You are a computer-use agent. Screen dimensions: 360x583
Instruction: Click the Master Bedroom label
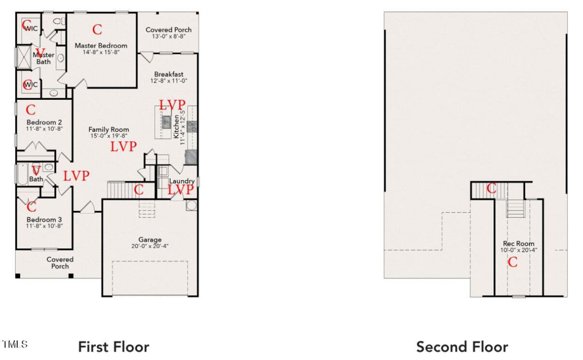pos(101,46)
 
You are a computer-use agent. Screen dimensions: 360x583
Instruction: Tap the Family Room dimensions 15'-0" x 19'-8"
pos(108,136)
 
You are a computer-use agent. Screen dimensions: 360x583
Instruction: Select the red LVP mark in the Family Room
pos(123,146)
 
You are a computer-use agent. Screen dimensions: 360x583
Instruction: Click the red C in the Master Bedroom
pos(97,30)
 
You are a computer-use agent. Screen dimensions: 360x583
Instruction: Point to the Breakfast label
pos(169,74)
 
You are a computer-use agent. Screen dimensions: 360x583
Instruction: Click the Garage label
pos(150,240)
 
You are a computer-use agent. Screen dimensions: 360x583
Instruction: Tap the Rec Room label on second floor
pos(519,244)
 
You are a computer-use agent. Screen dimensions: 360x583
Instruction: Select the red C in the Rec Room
pos(512,262)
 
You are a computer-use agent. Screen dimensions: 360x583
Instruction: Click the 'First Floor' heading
pos(113,347)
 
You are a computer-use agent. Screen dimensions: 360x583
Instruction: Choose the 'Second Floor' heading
pos(462,347)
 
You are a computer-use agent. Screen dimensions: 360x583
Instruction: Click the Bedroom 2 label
pos(44,122)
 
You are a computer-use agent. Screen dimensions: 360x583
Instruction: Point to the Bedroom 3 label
pos(44,219)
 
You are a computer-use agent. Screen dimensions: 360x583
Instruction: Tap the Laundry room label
pos(182,181)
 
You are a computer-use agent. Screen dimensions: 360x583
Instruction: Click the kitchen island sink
pos(167,121)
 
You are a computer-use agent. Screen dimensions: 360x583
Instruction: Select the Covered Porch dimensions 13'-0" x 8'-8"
pos(169,37)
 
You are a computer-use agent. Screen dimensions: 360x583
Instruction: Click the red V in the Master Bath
pos(41,52)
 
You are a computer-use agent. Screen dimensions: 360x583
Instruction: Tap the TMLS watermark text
pos(15,345)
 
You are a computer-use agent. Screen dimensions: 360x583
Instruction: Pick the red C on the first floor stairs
pos(139,189)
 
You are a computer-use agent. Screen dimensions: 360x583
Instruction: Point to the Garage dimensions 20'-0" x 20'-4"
pos(150,246)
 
